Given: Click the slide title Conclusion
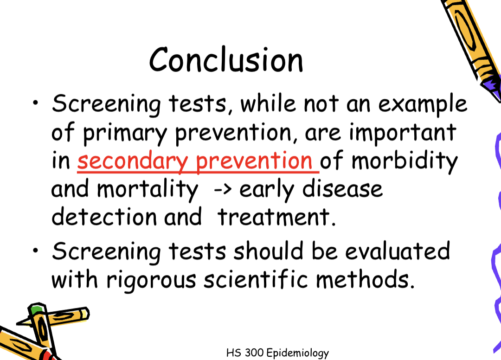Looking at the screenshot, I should click(226, 60).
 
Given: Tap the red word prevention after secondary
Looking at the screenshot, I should click(254, 161).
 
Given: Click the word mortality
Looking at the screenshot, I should click(147, 189).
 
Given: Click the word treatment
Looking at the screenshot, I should click(276, 217).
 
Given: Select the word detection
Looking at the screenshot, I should click(104, 217).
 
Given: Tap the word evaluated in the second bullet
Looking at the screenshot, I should click(398, 251).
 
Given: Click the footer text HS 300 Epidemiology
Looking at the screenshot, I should click(277, 353).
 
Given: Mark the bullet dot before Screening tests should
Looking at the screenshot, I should click(36, 251).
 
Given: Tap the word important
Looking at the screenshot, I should click(403, 134).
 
